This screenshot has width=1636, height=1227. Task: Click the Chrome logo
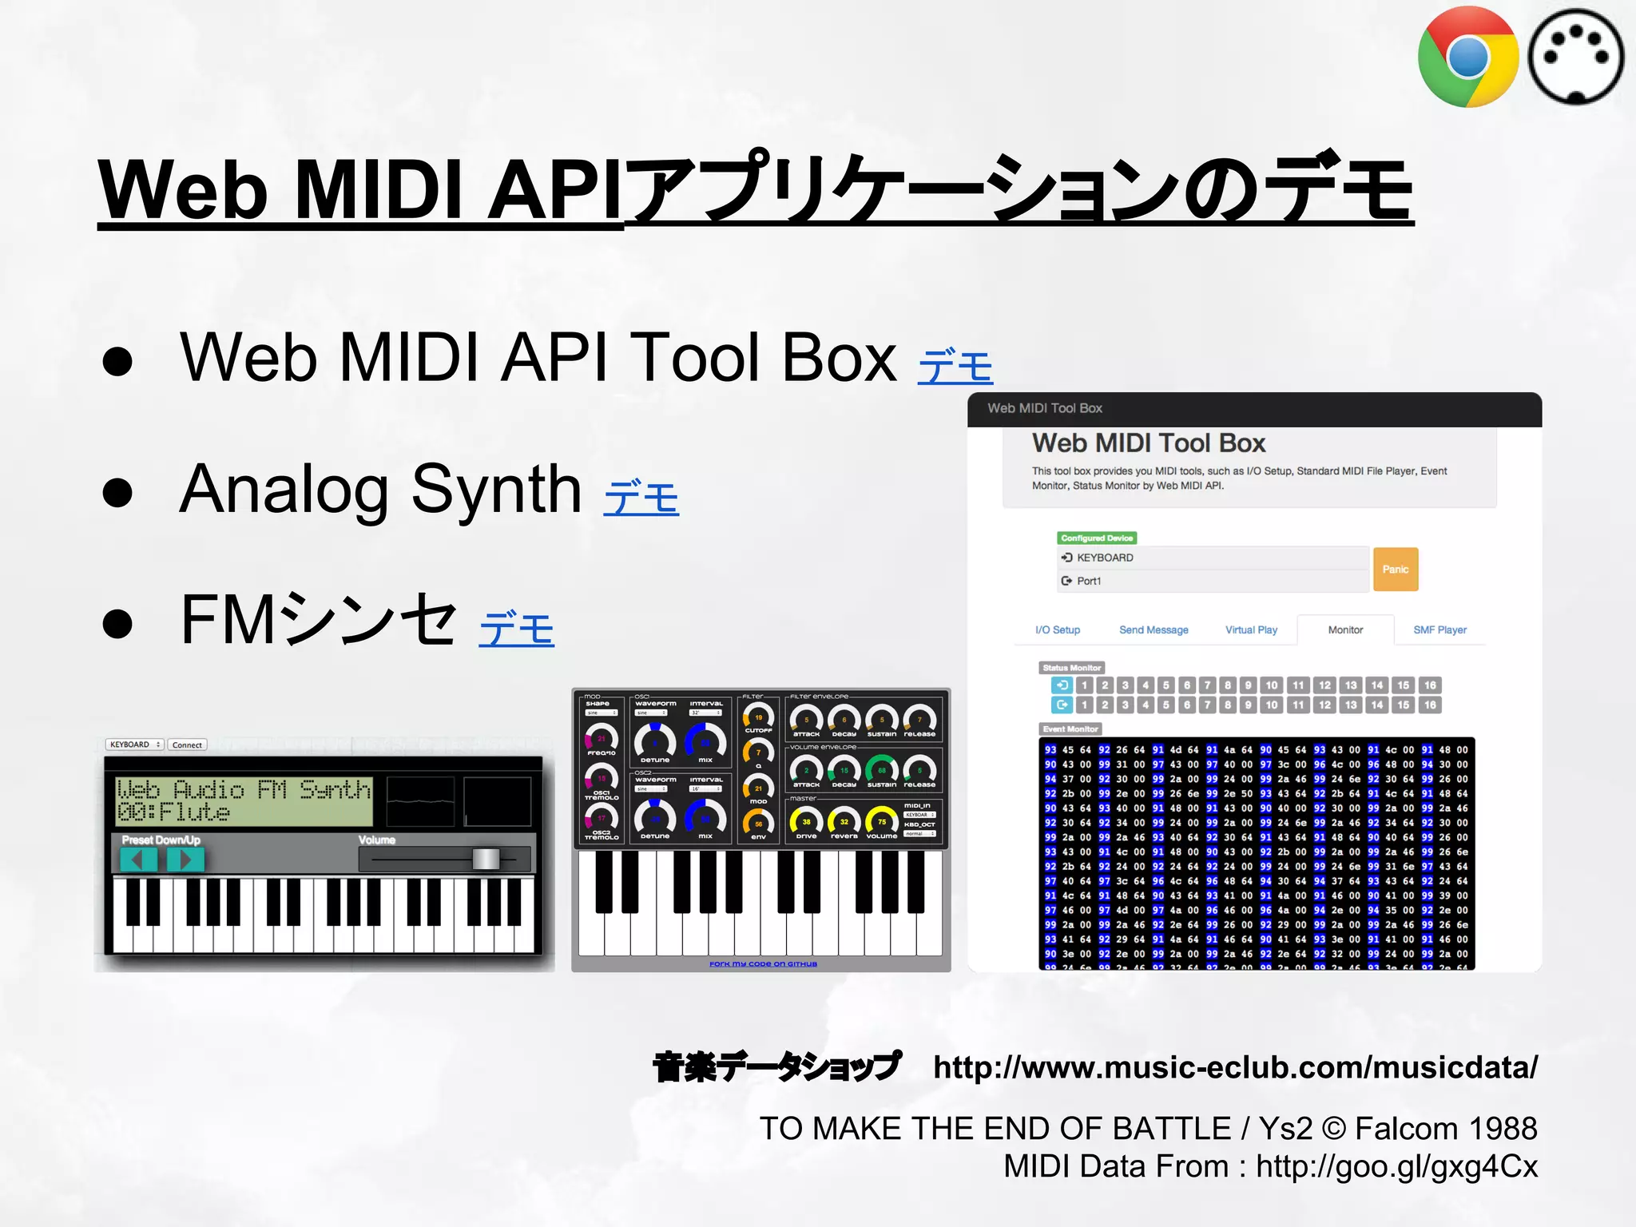click(x=1467, y=57)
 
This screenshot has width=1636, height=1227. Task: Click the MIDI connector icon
click(x=1575, y=57)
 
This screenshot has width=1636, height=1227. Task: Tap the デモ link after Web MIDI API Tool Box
click(x=955, y=367)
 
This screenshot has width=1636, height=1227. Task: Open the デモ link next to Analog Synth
click(x=641, y=498)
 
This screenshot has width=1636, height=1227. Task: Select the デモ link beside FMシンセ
click(x=516, y=629)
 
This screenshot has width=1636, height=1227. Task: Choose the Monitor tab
click(x=1345, y=630)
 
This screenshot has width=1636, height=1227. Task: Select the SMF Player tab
click(x=1439, y=630)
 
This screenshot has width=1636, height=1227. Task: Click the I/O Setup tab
click(x=1057, y=630)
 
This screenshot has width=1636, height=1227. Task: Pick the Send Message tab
click(x=1154, y=630)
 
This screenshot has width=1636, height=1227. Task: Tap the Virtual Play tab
click(x=1251, y=630)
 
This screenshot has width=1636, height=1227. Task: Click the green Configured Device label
click(x=1096, y=538)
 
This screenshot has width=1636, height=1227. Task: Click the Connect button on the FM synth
click(x=187, y=745)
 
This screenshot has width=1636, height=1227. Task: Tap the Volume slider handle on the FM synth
click(x=486, y=859)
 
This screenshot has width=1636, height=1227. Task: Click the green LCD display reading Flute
click(x=244, y=801)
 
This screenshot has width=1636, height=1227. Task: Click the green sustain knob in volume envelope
click(x=882, y=770)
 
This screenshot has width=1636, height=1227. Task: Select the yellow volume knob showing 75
click(x=882, y=821)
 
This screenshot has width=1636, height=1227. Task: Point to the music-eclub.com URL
click(x=1235, y=1067)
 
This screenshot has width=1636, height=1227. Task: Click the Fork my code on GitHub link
click(x=763, y=964)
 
